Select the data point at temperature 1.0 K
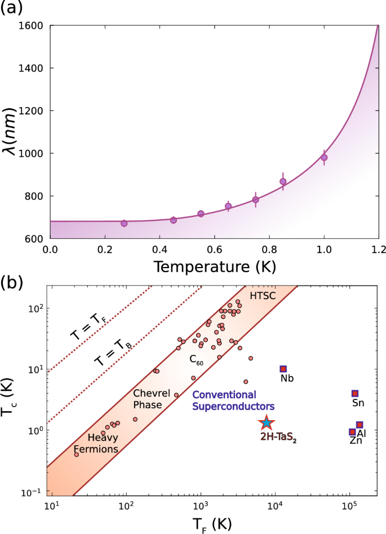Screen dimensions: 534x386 [x=324, y=157]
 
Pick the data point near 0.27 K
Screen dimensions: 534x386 [x=124, y=223]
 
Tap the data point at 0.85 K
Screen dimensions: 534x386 [x=283, y=181]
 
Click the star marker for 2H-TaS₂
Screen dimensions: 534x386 [x=267, y=422]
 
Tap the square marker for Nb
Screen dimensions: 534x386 [x=283, y=369]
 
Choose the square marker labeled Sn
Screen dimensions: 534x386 [x=355, y=393]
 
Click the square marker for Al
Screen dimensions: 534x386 [x=359, y=425]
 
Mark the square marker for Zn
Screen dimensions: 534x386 [x=353, y=432]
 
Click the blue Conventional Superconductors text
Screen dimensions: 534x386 [x=232, y=400]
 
